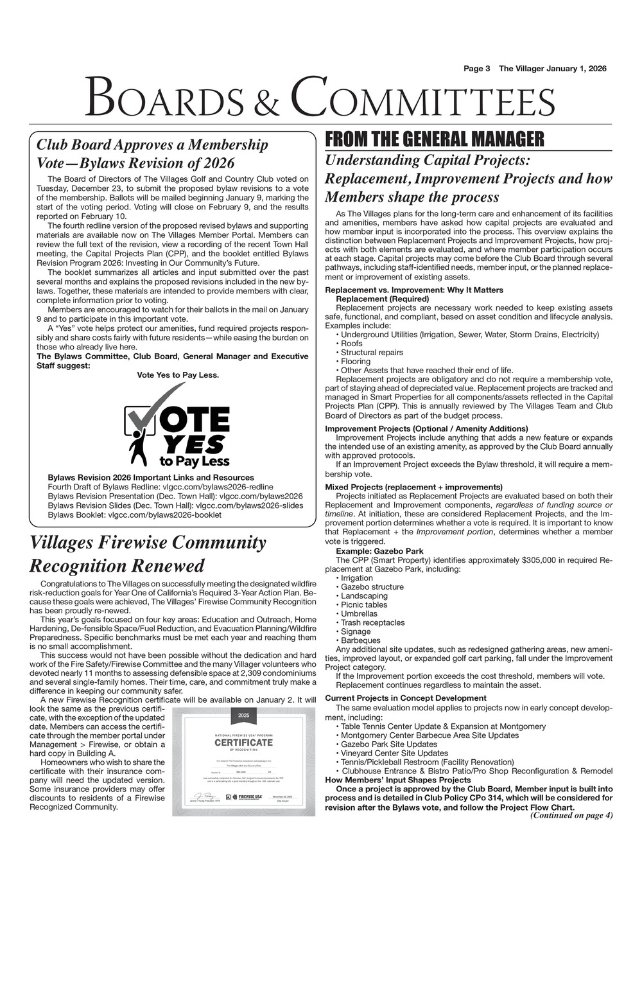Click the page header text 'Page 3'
pos(477,69)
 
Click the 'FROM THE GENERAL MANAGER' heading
pos(435,139)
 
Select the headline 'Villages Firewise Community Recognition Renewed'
pos(148,554)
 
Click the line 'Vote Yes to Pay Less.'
pos(178,375)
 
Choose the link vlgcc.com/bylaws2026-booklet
pos(165,514)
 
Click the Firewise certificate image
pos(243,760)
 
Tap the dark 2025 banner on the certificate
pos(243,716)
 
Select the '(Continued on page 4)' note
pos(571,816)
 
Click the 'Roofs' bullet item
pos(351,344)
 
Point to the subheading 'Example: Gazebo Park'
pos(379,551)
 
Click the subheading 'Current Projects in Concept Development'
pos(406,698)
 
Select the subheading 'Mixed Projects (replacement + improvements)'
pos(413,487)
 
